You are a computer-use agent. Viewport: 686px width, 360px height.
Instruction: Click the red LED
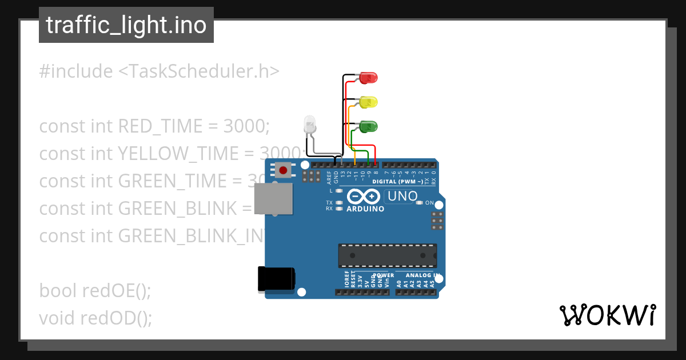[369, 78]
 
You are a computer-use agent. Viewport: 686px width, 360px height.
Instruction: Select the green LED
[368, 126]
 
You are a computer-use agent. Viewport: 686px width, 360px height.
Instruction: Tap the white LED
[309, 125]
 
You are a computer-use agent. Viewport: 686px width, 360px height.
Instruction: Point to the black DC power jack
[276, 279]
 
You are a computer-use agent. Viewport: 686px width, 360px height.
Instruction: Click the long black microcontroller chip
[387, 255]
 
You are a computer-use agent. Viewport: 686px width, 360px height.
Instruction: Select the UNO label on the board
[403, 197]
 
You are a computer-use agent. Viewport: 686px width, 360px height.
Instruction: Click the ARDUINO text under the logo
[366, 209]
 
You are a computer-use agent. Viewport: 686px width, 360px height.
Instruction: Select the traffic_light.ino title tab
[126, 25]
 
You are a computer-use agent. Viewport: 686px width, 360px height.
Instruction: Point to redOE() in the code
[117, 290]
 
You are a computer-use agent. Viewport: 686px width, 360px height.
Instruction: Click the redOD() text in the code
[117, 318]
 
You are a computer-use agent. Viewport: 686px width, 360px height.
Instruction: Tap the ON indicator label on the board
[429, 203]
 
